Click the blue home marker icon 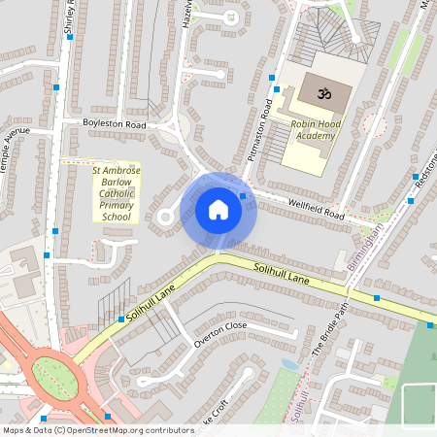[x=218, y=210]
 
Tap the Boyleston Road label [x=114, y=125]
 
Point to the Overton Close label [x=221, y=334]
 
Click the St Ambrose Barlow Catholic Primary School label [x=117, y=193]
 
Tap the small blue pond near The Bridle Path [x=287, y=365]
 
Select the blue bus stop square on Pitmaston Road [x=273, y=77]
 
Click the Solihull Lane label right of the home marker [x=282, y=274]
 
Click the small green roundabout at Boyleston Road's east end [x=173, y=124]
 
